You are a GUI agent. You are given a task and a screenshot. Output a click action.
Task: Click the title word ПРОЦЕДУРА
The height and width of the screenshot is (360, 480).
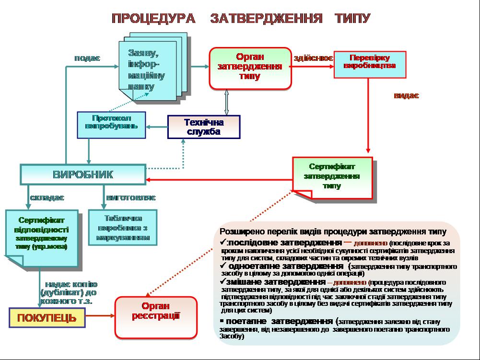tap(153, 19)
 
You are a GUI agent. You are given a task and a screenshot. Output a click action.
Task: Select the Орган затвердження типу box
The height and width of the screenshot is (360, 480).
tap(250, 69)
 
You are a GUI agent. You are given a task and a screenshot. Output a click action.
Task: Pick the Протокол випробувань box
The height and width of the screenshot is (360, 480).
tap(112, 125)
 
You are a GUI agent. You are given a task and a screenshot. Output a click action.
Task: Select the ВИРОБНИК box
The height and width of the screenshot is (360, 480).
tap(82, 174)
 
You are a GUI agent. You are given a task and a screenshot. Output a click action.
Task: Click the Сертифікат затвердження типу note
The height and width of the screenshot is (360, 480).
tap(332, 178)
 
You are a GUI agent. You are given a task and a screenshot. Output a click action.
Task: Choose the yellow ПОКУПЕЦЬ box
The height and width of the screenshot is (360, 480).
tap(47, 318)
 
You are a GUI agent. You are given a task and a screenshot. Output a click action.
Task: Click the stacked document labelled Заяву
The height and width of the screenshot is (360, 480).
tap(146, 70)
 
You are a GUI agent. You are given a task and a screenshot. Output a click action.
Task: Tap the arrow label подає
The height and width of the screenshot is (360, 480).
tap(87, 58)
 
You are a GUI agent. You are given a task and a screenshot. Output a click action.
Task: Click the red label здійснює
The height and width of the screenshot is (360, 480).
tap(313, 58)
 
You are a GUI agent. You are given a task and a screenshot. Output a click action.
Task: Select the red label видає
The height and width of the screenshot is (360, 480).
tap(406, 95)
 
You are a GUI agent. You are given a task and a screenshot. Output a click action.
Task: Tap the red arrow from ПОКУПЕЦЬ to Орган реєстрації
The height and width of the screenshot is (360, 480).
tap(100, 316)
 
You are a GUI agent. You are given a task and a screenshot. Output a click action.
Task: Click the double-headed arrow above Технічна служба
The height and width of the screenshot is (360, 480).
tap(227, 102)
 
